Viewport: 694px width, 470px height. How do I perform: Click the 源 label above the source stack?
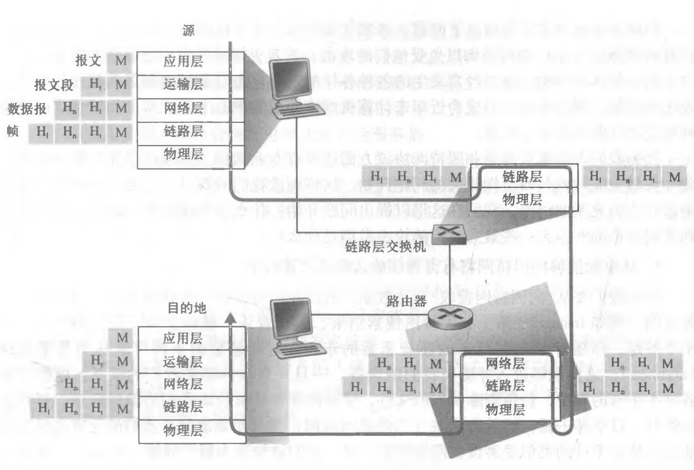(189, 30)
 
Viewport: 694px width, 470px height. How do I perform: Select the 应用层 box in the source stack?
(190, 62)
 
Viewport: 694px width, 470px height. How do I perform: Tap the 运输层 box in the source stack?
(190, 85)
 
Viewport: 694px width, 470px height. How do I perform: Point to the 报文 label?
(88, 60)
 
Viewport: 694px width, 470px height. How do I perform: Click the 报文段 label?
(54, 85)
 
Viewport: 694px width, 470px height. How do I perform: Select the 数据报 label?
(27, 109)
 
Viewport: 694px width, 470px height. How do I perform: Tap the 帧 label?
(13, 131)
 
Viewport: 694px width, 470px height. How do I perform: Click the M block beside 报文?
(121, 61)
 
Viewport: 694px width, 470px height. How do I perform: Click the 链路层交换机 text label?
(385, 247)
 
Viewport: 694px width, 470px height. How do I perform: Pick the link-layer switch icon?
(449, 234)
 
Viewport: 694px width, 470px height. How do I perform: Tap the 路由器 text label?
(406, 301)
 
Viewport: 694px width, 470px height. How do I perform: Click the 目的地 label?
(187, 308)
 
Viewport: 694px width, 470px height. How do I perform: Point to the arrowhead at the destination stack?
(230, 317)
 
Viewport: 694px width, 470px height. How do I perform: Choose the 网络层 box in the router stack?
(505, 364)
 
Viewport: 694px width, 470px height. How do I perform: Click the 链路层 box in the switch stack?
(522, 177)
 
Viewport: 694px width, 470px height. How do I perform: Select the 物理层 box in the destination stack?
(191, 431)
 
